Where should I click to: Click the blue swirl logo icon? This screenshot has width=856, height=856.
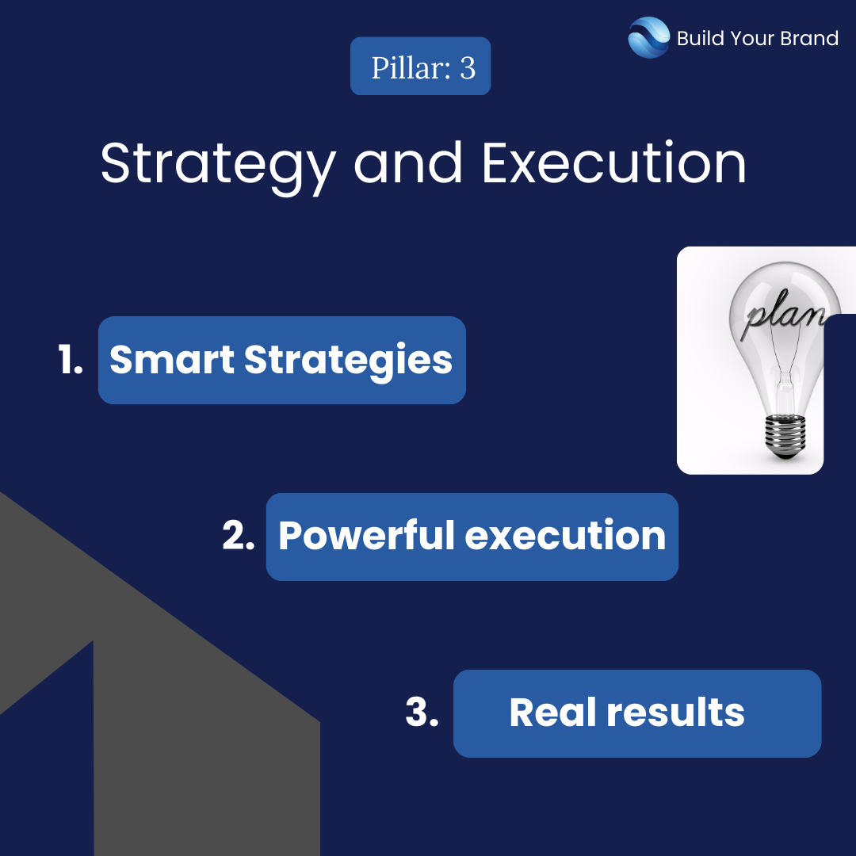pyautogui.click(x=648, y=37)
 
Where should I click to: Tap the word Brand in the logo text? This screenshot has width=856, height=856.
pyautogui.click(x=809, y=38)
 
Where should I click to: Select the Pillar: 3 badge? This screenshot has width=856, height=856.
pyautogui.click(x=420, y=66)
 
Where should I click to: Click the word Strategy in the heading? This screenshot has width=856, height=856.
pyautogui.click(x=218, y=165)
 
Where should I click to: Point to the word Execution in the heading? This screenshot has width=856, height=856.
pyautogui.click(x=614, y=162)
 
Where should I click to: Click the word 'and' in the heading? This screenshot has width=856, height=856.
pyautogui.click(x=408, y=162)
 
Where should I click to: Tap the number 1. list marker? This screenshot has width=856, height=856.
pyautogui.click(x=71, y=360)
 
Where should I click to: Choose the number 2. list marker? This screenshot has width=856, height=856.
pyautogui.click(x=239, y=535)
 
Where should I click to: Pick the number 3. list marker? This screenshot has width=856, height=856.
pyautogui.click(x=422, y=712)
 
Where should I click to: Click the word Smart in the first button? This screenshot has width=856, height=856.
pyautogui.click(x=172, y=359)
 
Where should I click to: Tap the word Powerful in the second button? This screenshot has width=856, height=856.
pyautogui.click(x=366, y=535)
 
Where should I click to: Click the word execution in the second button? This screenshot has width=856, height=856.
pyautogui.click(x=565, y=536)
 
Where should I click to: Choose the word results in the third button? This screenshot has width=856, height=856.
pyautogui.click(x=676, y=712)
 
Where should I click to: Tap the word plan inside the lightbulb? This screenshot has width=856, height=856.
pyautogui.click(x=783, y=315)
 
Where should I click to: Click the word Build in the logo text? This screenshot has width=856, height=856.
pyautogui.click(x=701, y=38)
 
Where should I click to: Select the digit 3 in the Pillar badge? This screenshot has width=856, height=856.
pyautogui.click(x=468, y=68)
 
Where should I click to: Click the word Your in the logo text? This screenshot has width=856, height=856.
pyautogui.click(x=751, y=38)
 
